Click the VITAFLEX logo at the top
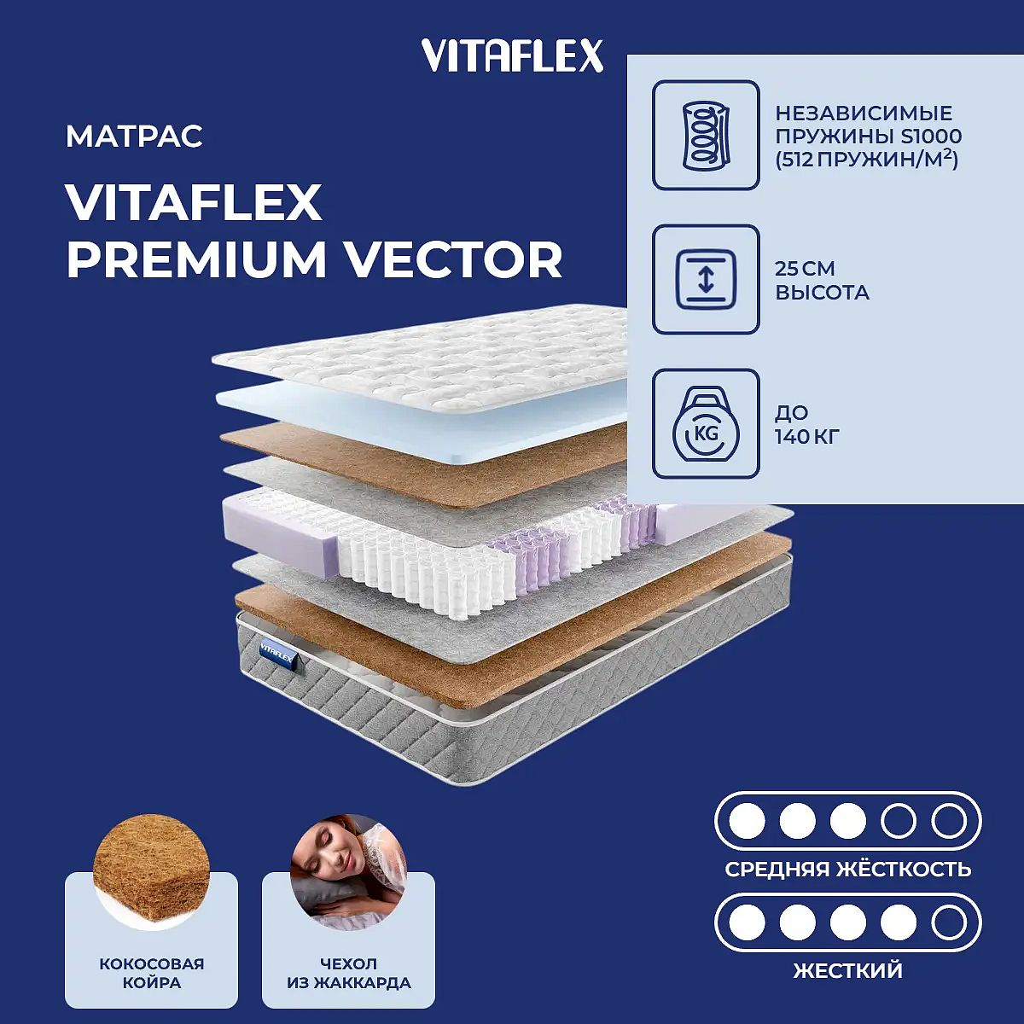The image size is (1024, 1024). pos(512,55)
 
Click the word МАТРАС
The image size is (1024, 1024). pos(134,136)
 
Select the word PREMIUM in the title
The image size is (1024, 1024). pos(195,260)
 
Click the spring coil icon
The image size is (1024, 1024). pos(706,135)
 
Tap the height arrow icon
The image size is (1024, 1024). pos(706,280)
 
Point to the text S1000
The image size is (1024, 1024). pos(931,137)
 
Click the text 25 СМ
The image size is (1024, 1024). pos(805,268)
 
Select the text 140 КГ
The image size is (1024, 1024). pos(807,437)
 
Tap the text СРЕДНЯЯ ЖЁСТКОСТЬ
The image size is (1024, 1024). pos(848,870)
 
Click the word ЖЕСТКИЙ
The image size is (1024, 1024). pos(848,971)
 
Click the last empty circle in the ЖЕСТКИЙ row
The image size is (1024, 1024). pos(949,923)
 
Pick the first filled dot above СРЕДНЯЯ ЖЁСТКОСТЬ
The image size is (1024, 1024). pos(748,821)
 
